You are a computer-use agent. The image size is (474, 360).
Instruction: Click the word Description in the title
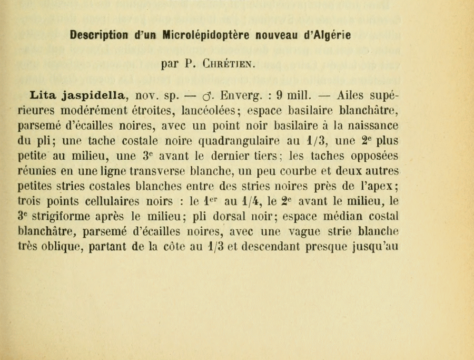98,36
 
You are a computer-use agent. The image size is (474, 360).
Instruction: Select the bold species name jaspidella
95,96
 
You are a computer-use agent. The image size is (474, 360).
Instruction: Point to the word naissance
368,127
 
